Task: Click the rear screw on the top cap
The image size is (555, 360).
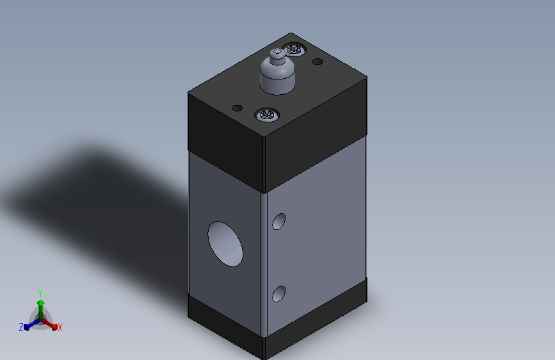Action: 294,49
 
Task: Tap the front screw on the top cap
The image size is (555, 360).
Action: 267,115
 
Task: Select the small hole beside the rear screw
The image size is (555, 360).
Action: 318,61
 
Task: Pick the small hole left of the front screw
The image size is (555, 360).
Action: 237,108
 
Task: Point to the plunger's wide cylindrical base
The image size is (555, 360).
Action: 278,78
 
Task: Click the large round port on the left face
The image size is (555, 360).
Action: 225,244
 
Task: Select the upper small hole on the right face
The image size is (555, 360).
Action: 279,222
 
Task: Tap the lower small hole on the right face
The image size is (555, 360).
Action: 279,294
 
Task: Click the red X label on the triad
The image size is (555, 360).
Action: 60,328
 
